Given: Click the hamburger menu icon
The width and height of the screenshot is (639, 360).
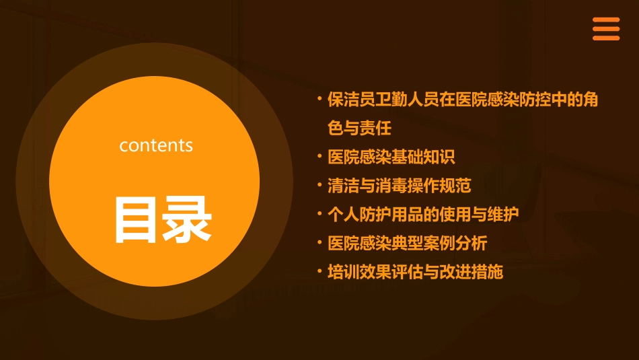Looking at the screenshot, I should (x=605, y=29).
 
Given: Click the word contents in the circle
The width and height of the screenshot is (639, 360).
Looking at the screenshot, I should (x=156, y=145).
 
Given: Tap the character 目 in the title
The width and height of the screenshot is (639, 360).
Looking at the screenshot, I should (x=137, y=219).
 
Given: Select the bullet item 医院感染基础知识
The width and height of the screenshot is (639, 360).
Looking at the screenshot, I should (x=391, y=157).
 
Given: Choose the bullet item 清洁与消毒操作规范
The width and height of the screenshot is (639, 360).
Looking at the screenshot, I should (x=399, y=186).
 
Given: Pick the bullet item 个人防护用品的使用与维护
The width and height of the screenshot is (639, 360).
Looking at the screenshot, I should (x=423, y=215).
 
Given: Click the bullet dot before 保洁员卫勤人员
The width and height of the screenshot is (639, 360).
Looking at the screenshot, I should (x=319, y=99).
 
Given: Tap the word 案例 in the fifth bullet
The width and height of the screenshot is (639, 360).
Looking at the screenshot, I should (x=455, y=243).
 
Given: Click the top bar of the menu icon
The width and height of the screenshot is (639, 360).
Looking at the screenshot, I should (x=605, y=20).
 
